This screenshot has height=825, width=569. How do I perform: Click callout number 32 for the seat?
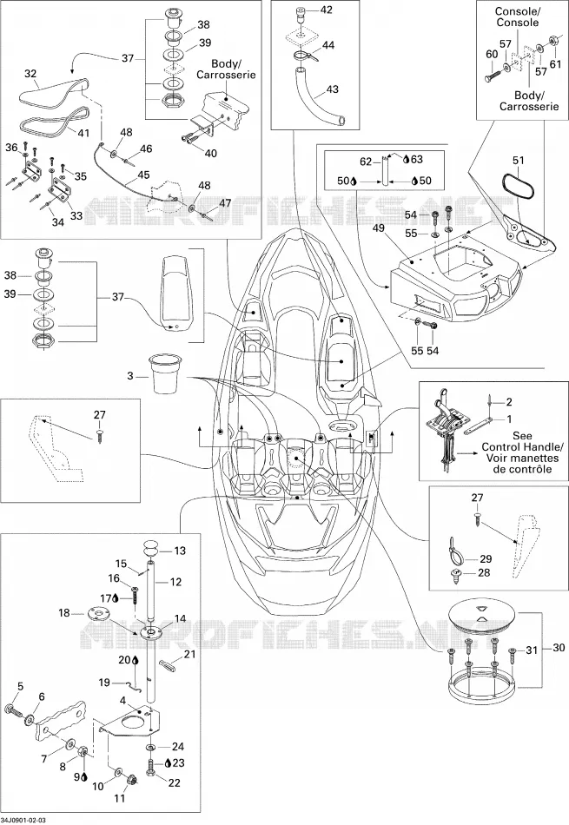tap(30, 75)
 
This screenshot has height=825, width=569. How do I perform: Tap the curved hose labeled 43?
tap(317, 101)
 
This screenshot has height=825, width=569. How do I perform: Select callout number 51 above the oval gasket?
tap(519, 161)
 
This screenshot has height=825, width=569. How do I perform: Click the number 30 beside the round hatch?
tap(558, 648)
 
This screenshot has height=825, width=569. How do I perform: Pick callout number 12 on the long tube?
tap(175, 581)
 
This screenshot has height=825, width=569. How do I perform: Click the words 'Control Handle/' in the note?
tap(522, 446)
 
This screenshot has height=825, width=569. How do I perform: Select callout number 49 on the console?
tap(378, 228)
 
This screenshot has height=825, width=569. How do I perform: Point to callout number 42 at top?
tap(327, 10)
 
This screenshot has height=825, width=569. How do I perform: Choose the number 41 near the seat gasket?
tap(83, 133)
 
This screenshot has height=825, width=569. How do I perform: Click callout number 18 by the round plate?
tap(63, 612)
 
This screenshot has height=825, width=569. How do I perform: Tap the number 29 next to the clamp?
tap(486, 558)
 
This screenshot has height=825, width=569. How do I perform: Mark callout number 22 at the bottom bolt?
tap(175, 783)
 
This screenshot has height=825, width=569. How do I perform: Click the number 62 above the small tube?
tap(366, 162)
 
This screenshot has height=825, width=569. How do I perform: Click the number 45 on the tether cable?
tap(143, 175)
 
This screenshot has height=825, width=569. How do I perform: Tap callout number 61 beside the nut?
tap(555, 64)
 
